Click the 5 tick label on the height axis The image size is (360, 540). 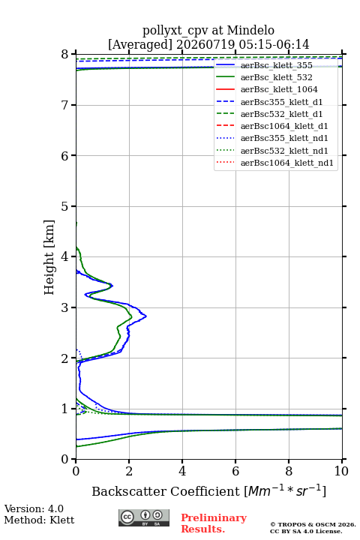[65, 207]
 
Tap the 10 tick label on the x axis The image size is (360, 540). [341, 471]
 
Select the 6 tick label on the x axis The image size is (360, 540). [235, 471]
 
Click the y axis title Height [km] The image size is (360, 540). [49, 257]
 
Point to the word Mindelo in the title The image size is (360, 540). [250, 30]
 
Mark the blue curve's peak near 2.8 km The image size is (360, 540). [146, 316]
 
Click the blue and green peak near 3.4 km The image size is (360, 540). [112, 285]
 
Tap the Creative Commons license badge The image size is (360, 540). [144, 517]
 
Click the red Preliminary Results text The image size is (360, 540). [214, 523]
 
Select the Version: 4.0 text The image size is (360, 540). [34, 508]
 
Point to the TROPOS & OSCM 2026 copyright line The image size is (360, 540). [313, 524]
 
